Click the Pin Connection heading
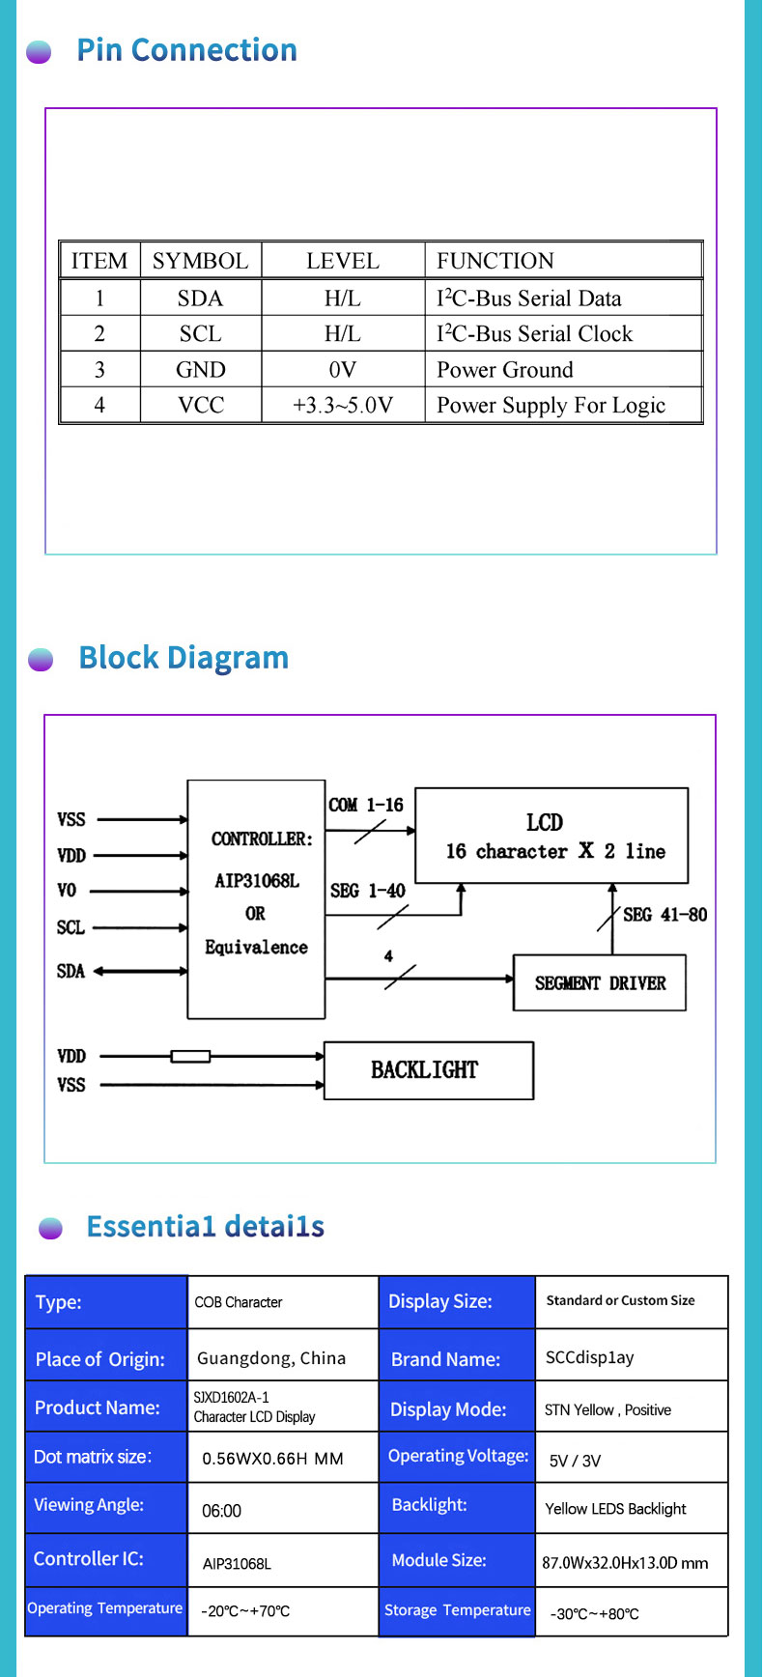click(186, 50)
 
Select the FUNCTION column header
click(495, 261)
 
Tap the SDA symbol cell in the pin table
click(200, 298)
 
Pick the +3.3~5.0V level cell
click(343, 405)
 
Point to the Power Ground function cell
click(505, 370)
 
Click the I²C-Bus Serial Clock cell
click(534, 333)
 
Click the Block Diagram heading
click(184, 658)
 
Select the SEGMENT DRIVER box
click(600, 983)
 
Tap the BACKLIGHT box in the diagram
click(429, 1070)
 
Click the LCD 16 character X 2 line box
click(551, 836)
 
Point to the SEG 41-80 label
click(664, 914)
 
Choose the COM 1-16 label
click(366, 805)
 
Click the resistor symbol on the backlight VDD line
click(190, 1056)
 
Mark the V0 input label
click(67, 891)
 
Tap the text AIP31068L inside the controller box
click(257, 881)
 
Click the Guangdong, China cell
click(271, 1358)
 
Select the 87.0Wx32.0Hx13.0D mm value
click(625, 1562)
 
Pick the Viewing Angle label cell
click(89, 1505)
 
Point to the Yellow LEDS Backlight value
click(615, 1509)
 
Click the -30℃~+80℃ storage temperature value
click(594, 1613)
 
